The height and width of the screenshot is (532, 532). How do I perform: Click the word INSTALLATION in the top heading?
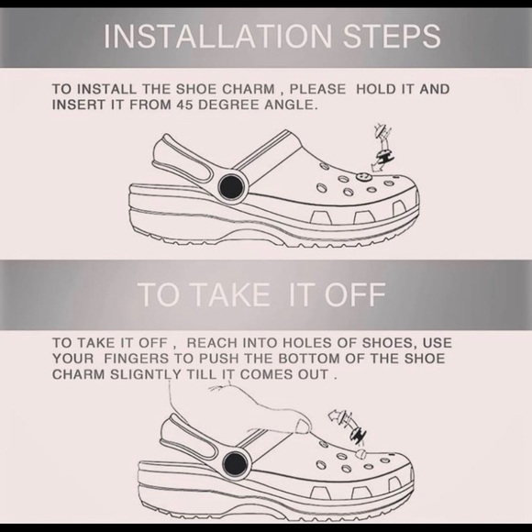217,37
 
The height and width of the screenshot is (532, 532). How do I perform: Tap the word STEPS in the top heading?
392,37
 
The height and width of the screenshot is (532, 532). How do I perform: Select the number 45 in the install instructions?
183,105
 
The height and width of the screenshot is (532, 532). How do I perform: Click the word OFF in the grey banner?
355,294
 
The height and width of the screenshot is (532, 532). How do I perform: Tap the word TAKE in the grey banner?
232,294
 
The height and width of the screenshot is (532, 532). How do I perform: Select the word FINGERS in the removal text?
137,359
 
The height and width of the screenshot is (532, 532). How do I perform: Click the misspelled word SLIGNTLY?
146,374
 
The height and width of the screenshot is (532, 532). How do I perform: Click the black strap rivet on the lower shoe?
235,464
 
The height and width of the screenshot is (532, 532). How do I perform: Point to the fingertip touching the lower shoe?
302,427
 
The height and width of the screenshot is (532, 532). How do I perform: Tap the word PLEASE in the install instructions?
317,89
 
